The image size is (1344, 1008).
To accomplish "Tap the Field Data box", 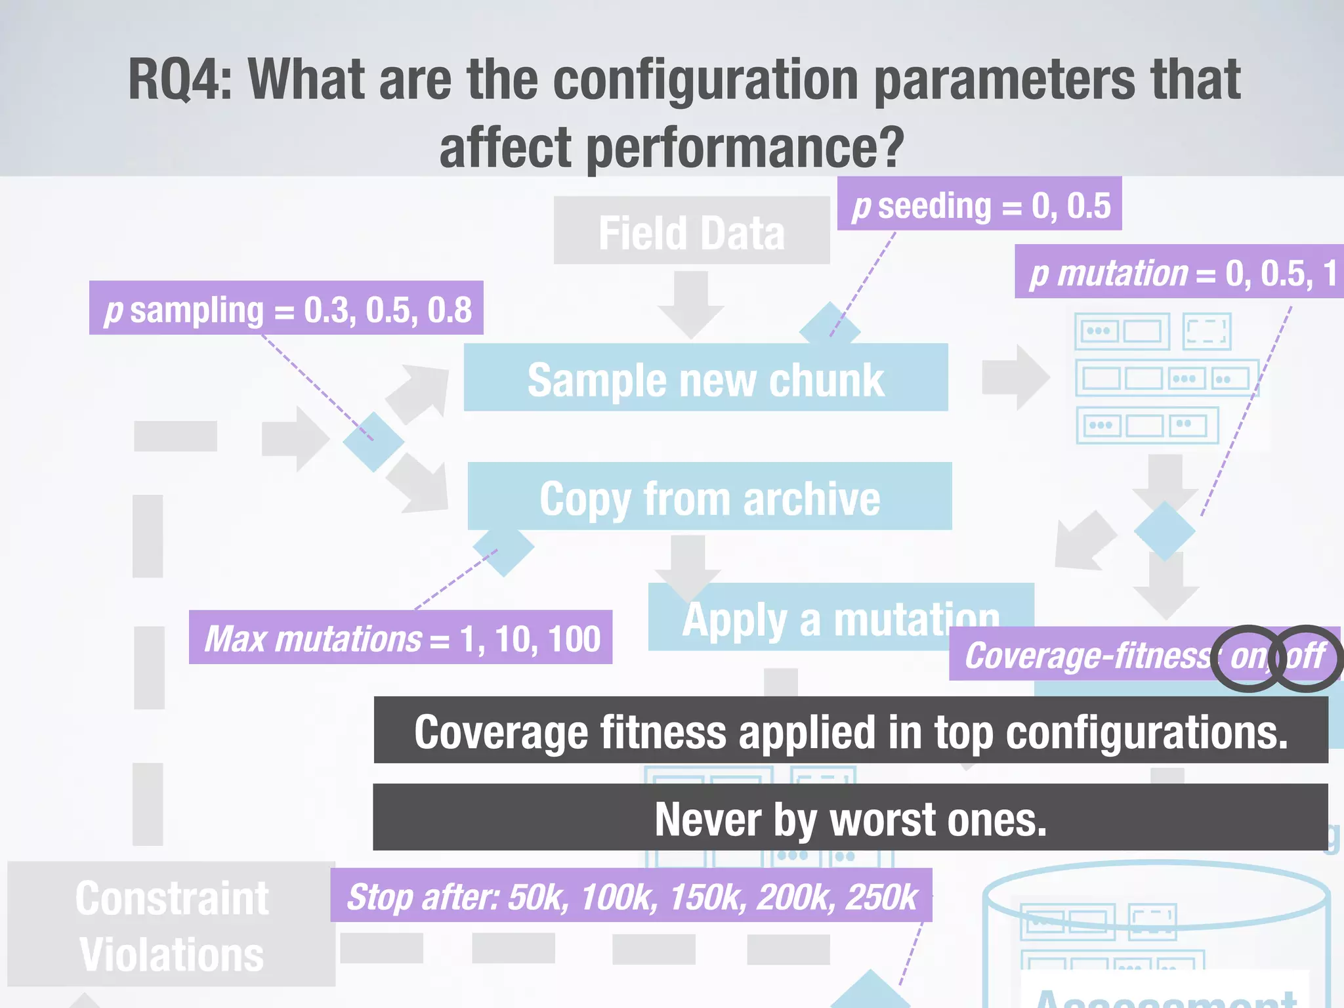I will (x=691, y=232).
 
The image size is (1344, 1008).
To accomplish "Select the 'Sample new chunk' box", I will (x=705, y=379).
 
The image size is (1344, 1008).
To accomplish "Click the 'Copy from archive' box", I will (x=709, y=497).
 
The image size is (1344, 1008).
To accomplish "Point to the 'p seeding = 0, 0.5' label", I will (x=980, y=205).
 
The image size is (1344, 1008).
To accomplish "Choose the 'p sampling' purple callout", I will (x=286, y=309).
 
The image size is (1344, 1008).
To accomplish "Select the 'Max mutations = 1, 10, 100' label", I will (x=400, y=638).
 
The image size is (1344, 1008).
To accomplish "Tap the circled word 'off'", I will (x=1307, y=656).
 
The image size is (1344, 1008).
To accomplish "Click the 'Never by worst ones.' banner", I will (x=850, y=818).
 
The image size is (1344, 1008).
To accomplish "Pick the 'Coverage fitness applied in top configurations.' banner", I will (x=850, y=731).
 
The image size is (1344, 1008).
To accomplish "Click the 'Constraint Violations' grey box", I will (x=171, y=925).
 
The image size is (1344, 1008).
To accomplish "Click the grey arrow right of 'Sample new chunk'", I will (x=1015, y=377).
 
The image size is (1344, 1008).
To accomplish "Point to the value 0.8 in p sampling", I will (x=450, y=310).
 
